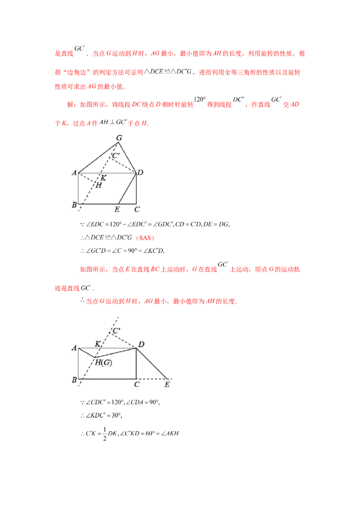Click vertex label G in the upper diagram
[x=119, y=138]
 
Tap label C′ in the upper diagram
[x=116, y=156]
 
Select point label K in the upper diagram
[x=103, y=178]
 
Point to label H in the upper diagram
[x=99, y=185]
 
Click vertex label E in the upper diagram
[x=117, y=210]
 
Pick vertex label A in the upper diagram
[x=74, y=173]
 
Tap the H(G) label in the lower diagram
[x=103, y=362]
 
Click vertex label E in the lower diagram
[x=167, y=384]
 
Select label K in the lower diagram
[x=98, y=344]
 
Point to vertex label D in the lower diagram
[x=141, y=344]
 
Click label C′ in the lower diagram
[x=116, y=331]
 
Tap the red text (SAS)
[x=145, y=238]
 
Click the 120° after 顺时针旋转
[x=200, y=99]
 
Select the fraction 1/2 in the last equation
[x=104, y=434]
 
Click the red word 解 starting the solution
[x=70, y=104]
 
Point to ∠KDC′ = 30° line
[x=101, y=415]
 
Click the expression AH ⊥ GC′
[x=113, y=122]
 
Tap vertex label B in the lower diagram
[x=74, y=380]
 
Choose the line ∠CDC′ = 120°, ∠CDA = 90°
[x=120, y=402]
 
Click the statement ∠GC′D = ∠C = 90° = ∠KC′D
[x=122, y=250]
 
